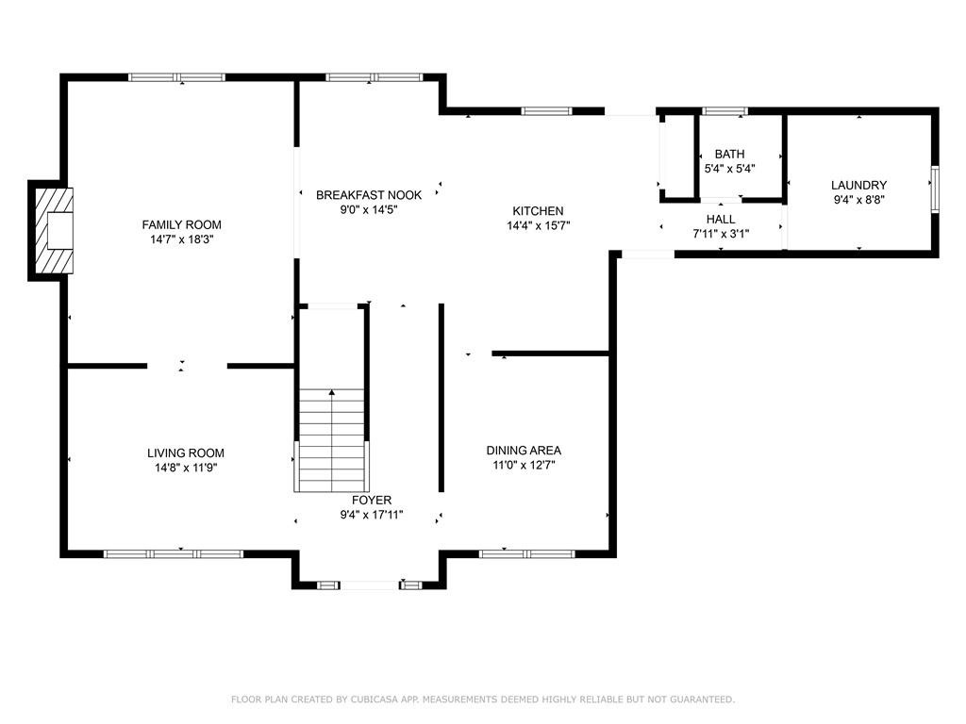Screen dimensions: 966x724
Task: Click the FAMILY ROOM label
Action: [182, 224]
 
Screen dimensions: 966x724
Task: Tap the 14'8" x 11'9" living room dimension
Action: [186, 468]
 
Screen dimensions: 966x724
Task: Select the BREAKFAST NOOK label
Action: [369, 195]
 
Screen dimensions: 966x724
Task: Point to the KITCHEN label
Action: [538, 210]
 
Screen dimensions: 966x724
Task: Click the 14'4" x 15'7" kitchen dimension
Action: [539, 225]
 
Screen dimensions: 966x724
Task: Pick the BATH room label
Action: [730, 154]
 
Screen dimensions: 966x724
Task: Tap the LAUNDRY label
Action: [858, 185]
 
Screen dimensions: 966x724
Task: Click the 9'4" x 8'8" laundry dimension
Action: [858, 200]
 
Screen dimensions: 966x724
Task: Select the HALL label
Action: [721, 219]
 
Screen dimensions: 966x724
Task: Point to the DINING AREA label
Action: [524, 451]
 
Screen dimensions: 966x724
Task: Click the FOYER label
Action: [372, 500]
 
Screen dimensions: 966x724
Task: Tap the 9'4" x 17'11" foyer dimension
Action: [372, 515]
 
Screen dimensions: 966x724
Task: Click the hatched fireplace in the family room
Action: [54, 231]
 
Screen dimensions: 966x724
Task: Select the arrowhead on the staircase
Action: [332, 391]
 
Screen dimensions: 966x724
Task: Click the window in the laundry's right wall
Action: [935, 189]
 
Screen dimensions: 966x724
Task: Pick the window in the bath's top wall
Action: [725, 111]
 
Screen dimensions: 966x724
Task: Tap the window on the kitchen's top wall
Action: [546, 111]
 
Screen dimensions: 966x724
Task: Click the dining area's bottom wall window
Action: [526, 554]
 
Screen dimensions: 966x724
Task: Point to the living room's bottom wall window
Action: [174, 554]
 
